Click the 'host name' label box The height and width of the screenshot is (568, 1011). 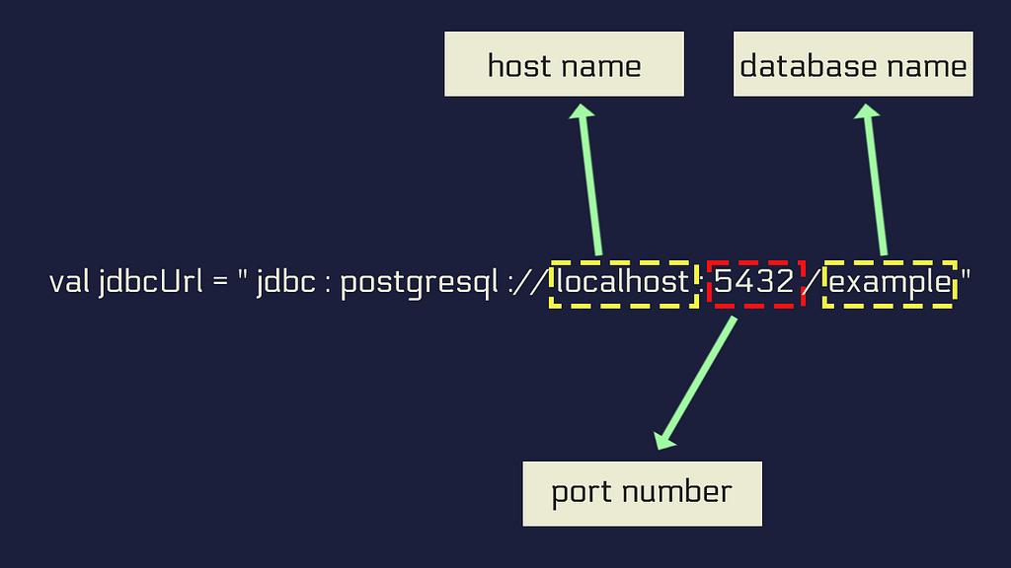[x=564, y=64]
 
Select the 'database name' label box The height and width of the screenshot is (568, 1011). [x=853, y=64]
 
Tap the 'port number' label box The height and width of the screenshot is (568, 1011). [x=642, y=494]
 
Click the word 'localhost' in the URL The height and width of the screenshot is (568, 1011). [x=623, y=282]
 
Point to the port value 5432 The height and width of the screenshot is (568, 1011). [x=753, y=282]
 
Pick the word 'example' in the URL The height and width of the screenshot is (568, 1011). [x=890, y=283]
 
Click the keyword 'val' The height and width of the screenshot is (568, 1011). [x=70, y=282]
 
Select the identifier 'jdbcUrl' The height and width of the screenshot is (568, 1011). [x=151, y=283]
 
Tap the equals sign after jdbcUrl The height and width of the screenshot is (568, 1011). [x=220, y=283]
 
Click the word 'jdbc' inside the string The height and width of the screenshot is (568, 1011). [x=286, y=283]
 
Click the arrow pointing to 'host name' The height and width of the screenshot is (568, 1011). [x=589, y=179]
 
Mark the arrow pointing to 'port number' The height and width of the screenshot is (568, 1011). [x=696, y=383]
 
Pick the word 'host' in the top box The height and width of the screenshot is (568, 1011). [x=519, y=65]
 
